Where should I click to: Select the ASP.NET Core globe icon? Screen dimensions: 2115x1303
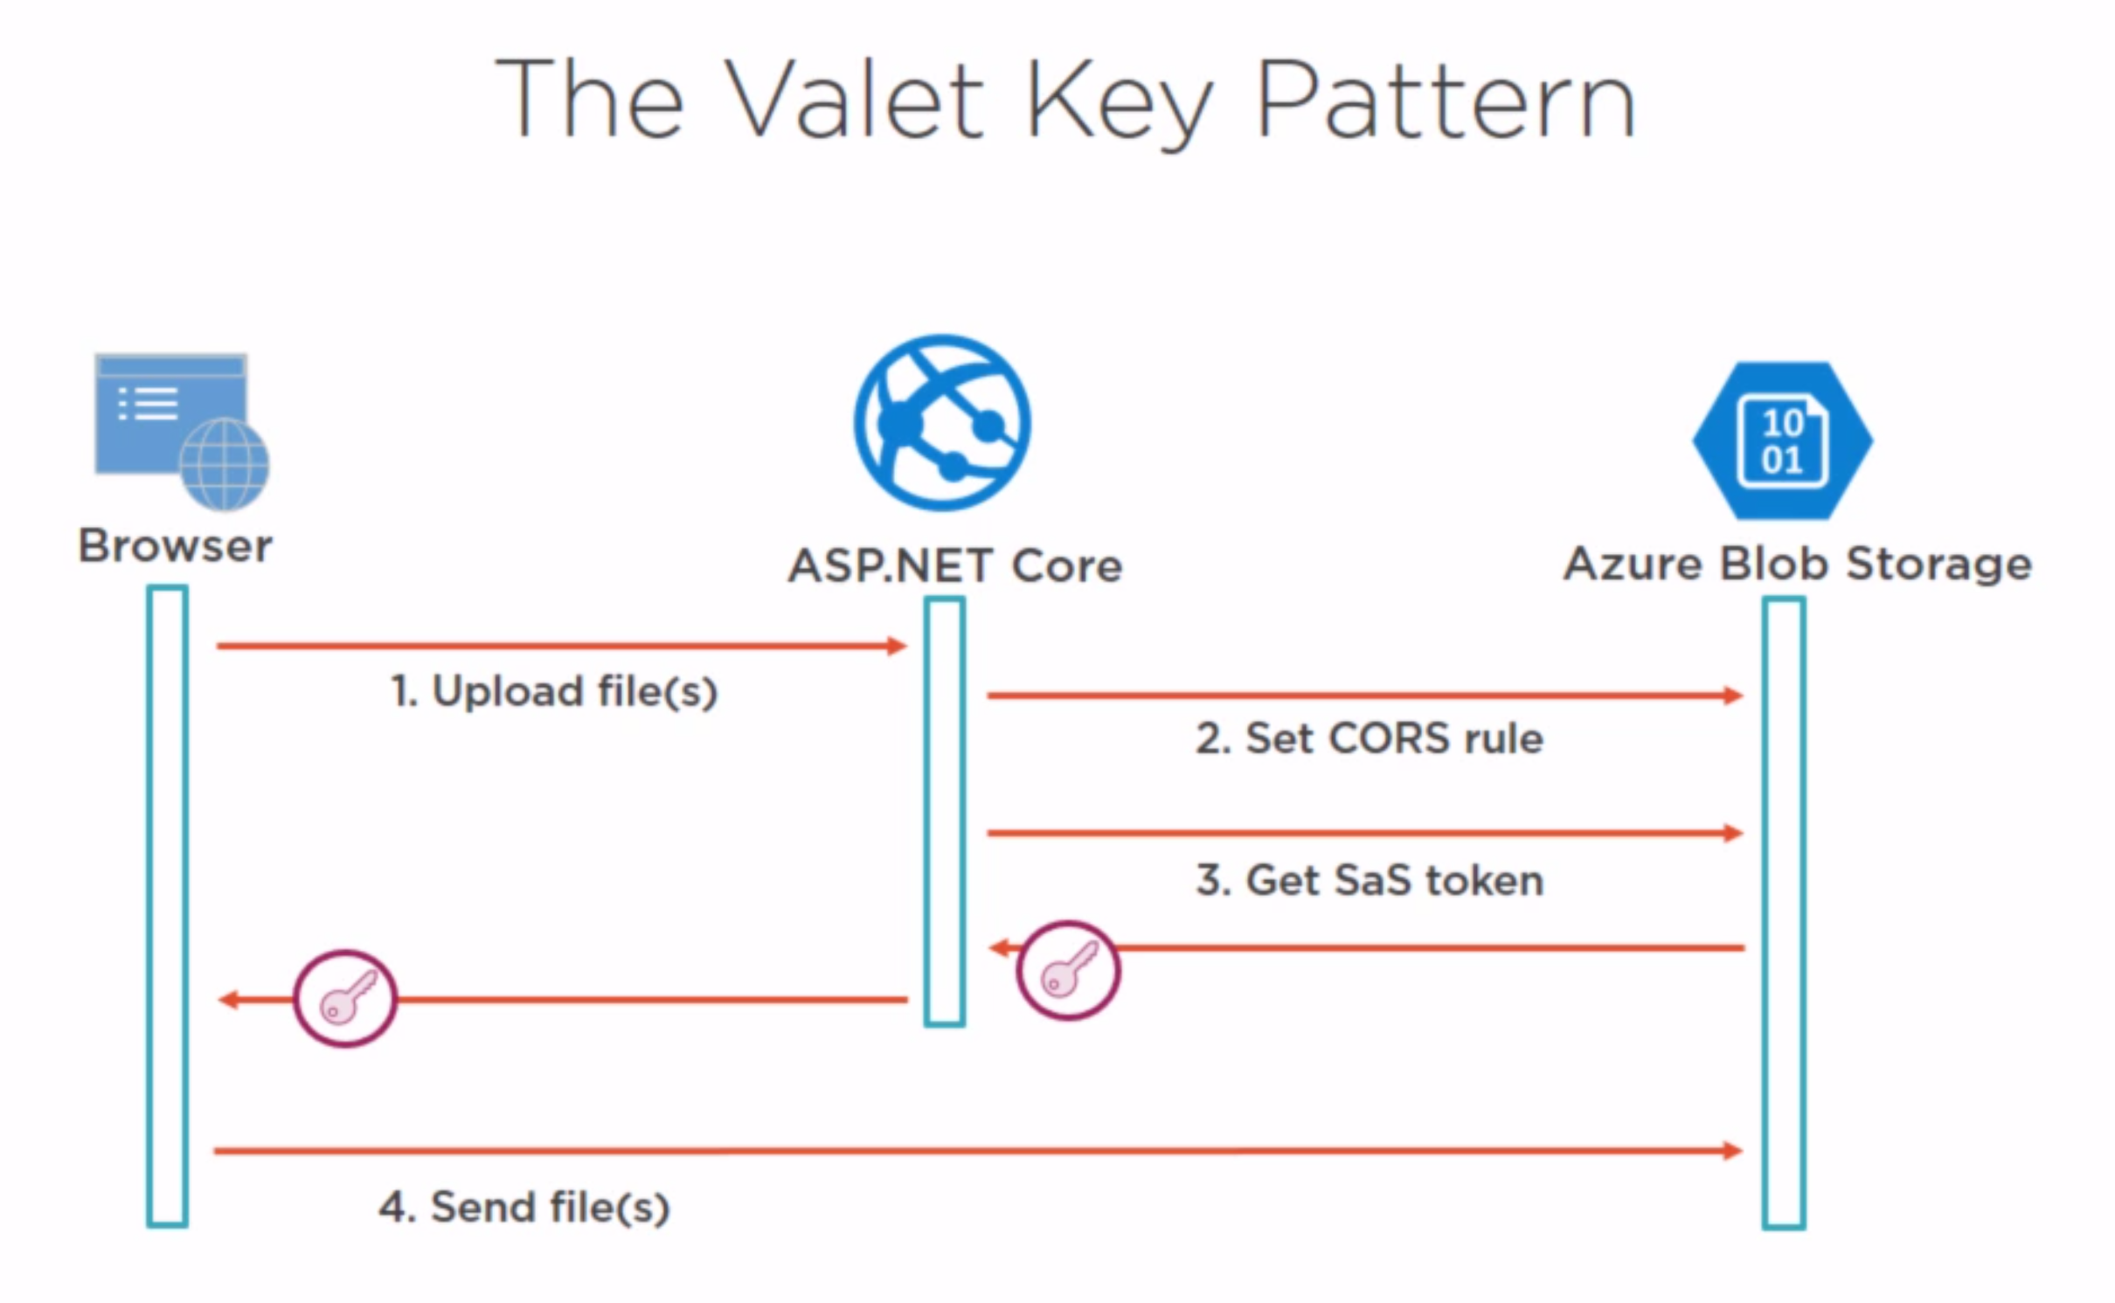942,422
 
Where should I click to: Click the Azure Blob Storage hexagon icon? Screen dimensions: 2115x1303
1783,440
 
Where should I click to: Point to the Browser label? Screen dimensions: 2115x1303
176,546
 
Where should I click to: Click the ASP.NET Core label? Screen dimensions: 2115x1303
955,565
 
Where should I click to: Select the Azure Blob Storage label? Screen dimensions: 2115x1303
1798,564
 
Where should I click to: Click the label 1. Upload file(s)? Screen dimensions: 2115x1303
554,691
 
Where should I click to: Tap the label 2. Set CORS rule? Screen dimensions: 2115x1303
1370,738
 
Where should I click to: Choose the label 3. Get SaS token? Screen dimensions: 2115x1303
1370,880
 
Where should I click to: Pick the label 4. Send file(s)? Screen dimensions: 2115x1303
524,1207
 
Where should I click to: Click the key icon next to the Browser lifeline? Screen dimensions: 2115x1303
345,998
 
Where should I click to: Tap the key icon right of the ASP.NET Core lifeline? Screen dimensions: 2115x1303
1068,970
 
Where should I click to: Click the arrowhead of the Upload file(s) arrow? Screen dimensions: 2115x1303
898,646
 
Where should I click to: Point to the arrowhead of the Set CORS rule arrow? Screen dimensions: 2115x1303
1733,696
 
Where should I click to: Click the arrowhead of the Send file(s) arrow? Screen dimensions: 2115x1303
1733,1151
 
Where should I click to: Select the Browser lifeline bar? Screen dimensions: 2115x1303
167,907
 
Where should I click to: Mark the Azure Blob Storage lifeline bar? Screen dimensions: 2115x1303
1784,913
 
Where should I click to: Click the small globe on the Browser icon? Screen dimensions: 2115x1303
225,464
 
